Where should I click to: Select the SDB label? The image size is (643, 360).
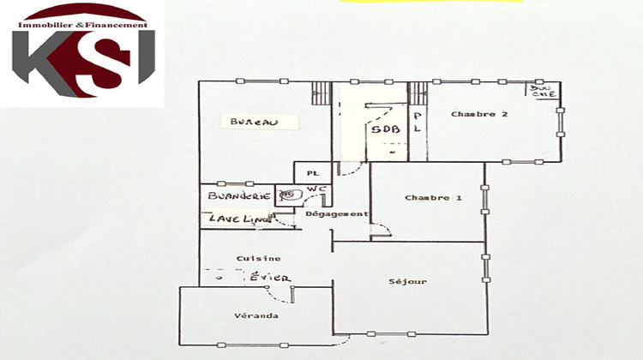coord(383,129)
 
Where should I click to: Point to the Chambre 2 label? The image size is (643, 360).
coord(479,114)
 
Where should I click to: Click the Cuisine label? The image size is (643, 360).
coord(260,258)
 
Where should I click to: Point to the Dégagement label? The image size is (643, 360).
coord(337,214)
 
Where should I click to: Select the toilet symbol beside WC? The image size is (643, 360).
coord(287,195)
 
